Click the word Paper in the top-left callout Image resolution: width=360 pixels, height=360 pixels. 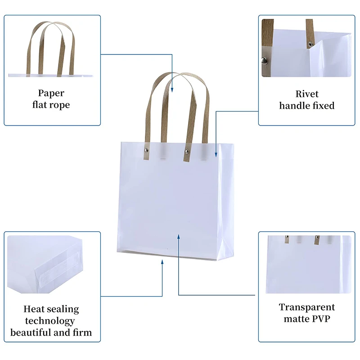[51, 93]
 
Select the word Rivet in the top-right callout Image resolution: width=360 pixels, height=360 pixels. [307, 94]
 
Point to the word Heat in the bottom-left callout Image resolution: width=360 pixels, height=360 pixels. [34, 309]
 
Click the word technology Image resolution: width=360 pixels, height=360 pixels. [50, 321]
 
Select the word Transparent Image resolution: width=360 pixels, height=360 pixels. [307, 307]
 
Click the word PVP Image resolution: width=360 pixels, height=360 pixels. [320, 319]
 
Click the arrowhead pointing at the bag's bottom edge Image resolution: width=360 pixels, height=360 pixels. [162, 262]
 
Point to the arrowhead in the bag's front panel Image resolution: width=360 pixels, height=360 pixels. [179, 237]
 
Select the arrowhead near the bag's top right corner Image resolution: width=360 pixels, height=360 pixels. [216, 154]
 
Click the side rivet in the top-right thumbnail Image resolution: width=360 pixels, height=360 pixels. [264, 60]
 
